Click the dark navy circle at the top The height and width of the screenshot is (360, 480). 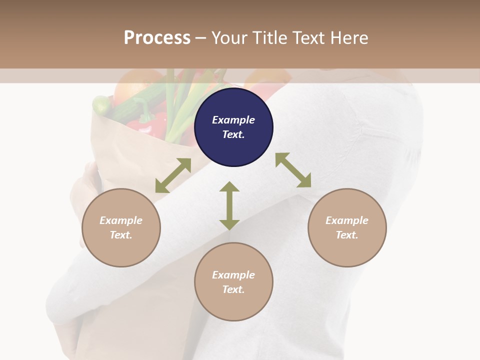tap(233, 127)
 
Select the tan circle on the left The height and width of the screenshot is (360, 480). tap(121, 228)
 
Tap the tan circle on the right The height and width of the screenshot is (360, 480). tap(347, 228)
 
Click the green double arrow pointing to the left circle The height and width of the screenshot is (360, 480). tap(173, 175)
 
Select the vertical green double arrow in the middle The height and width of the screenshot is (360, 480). tap(229, 205)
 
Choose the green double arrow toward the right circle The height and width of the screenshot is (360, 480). tap(293, 170)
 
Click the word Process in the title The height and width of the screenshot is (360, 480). tap(157, 37)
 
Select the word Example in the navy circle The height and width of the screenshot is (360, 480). tap(233, 120)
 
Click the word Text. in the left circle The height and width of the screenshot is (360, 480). tap(121, 235)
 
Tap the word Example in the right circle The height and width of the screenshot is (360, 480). tap(347, 220)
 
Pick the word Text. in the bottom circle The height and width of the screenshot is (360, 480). tap(233, 289)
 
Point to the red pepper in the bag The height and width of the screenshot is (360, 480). tap(150, 123)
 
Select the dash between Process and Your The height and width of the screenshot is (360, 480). tap(201, 38)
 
